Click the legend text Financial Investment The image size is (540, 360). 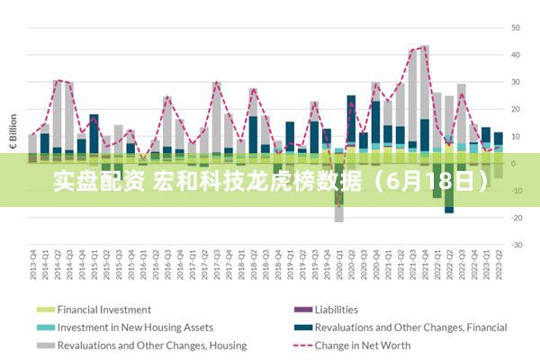coord(104,310)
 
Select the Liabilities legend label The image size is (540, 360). coord(337,310)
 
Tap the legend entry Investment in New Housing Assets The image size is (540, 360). coord(135,328)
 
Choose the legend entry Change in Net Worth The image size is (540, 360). coord(362,345)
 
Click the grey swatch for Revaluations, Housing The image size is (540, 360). coord(45,345)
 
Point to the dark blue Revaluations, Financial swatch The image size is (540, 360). coord(301,328)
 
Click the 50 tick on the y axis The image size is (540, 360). coord(517,28)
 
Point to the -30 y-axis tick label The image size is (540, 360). coord(517,245)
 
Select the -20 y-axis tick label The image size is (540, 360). coord(517,218)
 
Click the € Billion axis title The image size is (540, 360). coord(13,130)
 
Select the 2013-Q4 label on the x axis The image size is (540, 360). coord(33,264)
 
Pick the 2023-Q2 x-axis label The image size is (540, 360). coord(498,264)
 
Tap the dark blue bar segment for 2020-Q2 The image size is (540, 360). coord(351,117)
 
